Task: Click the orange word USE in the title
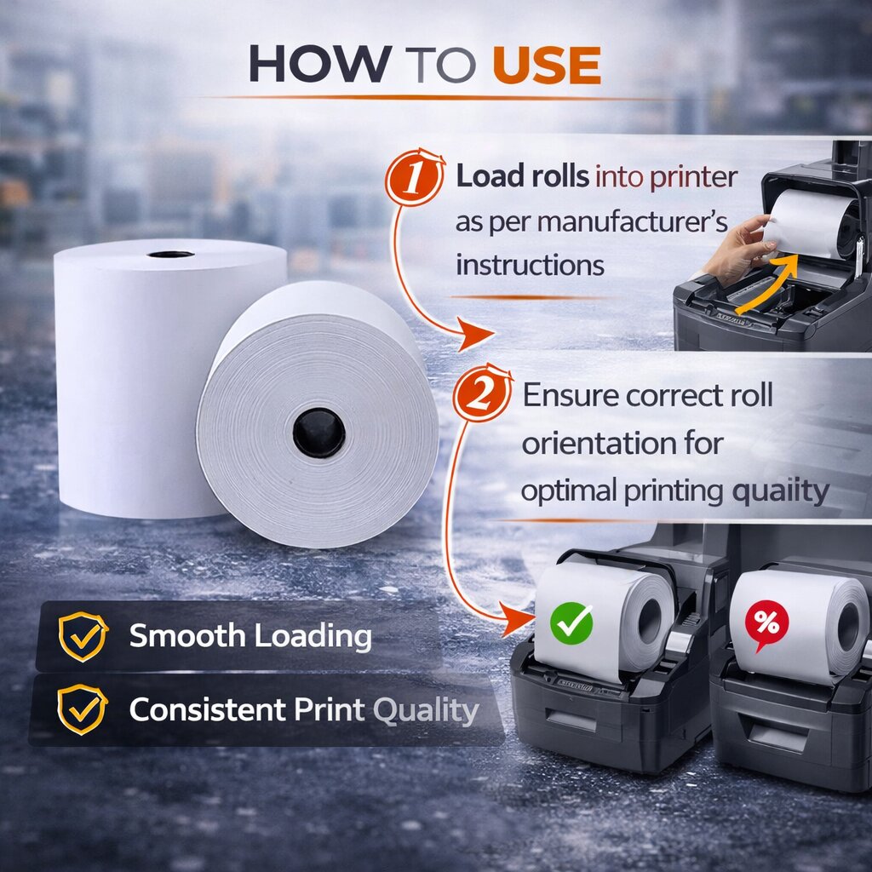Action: [547, 65]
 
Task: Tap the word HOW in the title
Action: [320, 65]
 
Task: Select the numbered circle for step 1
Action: [415, 177]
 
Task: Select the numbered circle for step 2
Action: [482, 393]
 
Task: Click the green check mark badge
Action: [571, 623]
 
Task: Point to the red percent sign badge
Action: [767, 624]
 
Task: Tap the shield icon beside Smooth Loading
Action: [83, 636]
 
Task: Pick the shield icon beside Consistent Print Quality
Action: [83, 709]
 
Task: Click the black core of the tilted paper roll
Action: [318, 433]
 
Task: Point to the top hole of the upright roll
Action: [170, 254]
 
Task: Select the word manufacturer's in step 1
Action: [633, 221]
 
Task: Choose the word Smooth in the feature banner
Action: [186, 635]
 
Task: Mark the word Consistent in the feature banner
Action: [208, 709]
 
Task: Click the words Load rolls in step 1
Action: [522, 177]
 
